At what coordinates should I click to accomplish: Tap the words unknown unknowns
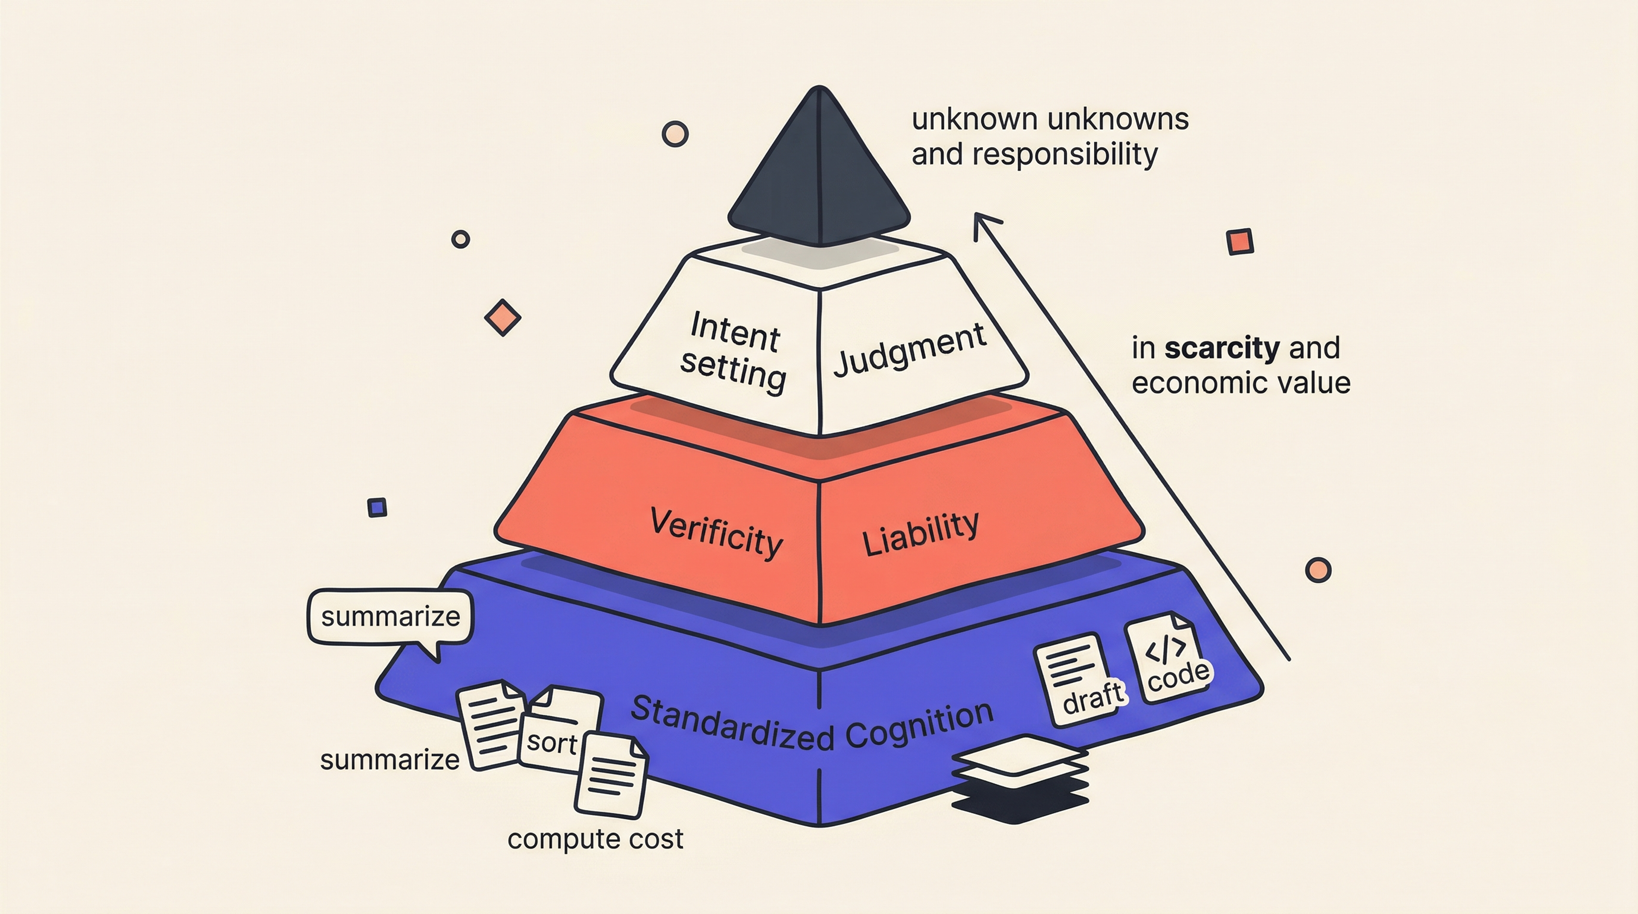(1050, 119)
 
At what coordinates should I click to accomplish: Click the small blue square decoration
(377, 507)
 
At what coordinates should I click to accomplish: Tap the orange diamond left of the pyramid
(502, 317)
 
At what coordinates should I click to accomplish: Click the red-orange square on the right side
(1239, 241)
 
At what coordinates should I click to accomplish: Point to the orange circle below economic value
(1318, 569)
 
